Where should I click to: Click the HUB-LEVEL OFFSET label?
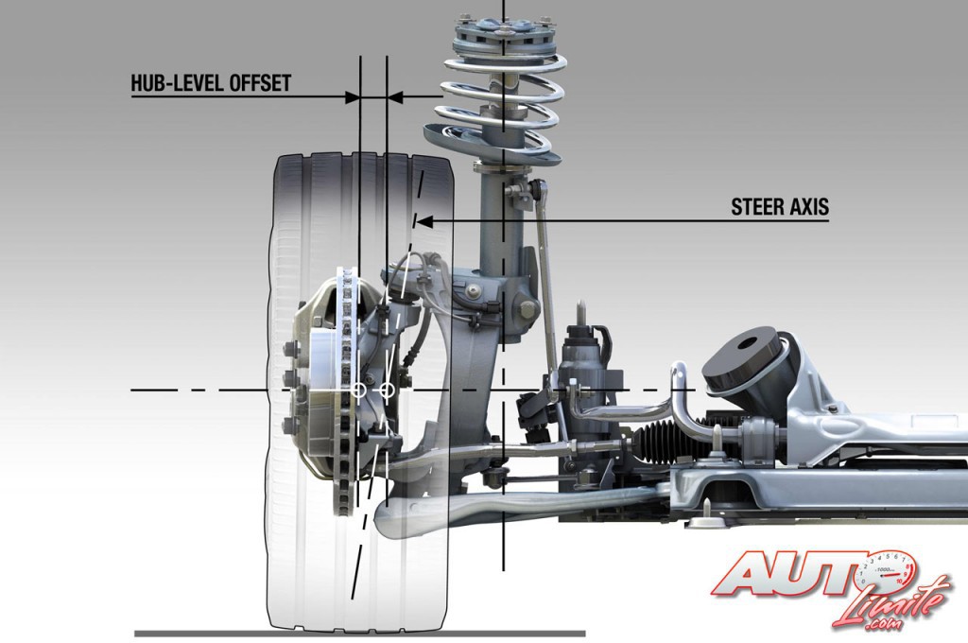click(x=210, y=83)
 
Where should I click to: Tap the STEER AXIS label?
click(x=780, y=207)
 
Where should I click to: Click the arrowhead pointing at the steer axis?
click(x=423, y=222)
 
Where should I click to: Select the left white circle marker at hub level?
click(x=358, y=390)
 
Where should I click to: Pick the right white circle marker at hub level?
click(x=387, y=390)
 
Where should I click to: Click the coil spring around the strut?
click(x=501, y=104)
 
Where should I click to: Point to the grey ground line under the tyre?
click(x=359, y=633)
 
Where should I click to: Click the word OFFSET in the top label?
click(x=260, y=83)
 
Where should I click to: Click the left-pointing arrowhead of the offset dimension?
click(x=395, y=96)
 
